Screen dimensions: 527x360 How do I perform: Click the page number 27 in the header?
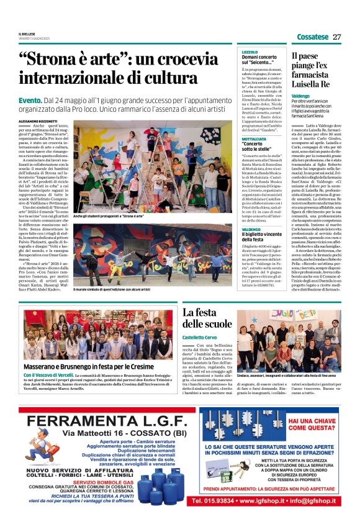click(337, 37)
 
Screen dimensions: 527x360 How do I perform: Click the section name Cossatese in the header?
click(312, 37)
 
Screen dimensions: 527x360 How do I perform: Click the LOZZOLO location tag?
click(250, 52)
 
